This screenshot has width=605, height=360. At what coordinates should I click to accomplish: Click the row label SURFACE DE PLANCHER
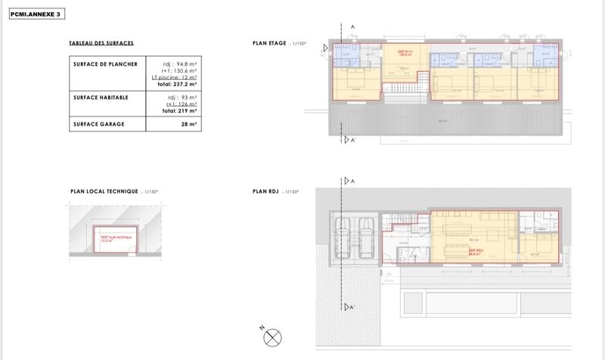click(x=105, y=65)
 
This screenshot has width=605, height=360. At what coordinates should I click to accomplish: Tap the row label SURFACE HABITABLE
click(x=101, y=98)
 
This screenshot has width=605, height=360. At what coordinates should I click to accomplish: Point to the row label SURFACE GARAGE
click(x=99, y=123)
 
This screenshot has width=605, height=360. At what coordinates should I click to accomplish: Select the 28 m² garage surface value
click(x=188, y=123)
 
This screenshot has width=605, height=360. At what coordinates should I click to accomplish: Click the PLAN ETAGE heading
click(x=269, y=44)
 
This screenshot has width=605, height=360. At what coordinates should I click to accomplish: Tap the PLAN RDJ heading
click(x=265, y=192)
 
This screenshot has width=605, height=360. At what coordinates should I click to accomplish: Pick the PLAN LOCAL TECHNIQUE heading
click(x=104, y=192)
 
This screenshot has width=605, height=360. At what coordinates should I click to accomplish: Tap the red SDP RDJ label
click(x=476, y=253)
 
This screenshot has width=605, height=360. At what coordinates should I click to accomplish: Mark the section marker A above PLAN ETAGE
click(x=353, y=26)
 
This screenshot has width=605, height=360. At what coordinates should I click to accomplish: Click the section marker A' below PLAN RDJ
click(x=349, y=307)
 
